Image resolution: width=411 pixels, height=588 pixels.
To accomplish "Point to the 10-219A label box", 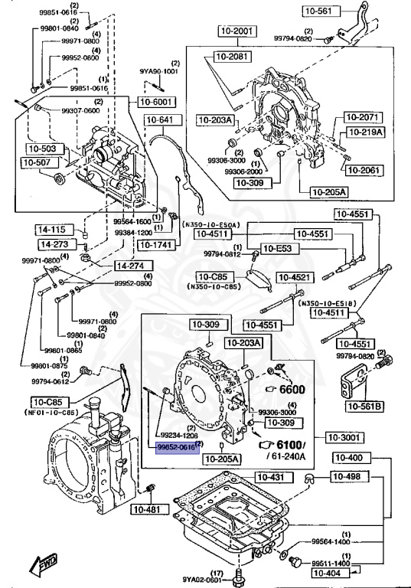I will [x=363, y=132].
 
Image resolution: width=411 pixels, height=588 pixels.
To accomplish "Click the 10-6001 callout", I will [x=156, y=102].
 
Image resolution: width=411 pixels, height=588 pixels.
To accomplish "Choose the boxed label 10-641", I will [x=160, y=119].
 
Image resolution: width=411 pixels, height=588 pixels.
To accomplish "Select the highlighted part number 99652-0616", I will [x=176, y=446].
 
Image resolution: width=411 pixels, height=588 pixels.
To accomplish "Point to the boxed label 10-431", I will [x=269, y=478].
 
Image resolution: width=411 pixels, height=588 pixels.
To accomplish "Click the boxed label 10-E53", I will [x=276, y=248].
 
